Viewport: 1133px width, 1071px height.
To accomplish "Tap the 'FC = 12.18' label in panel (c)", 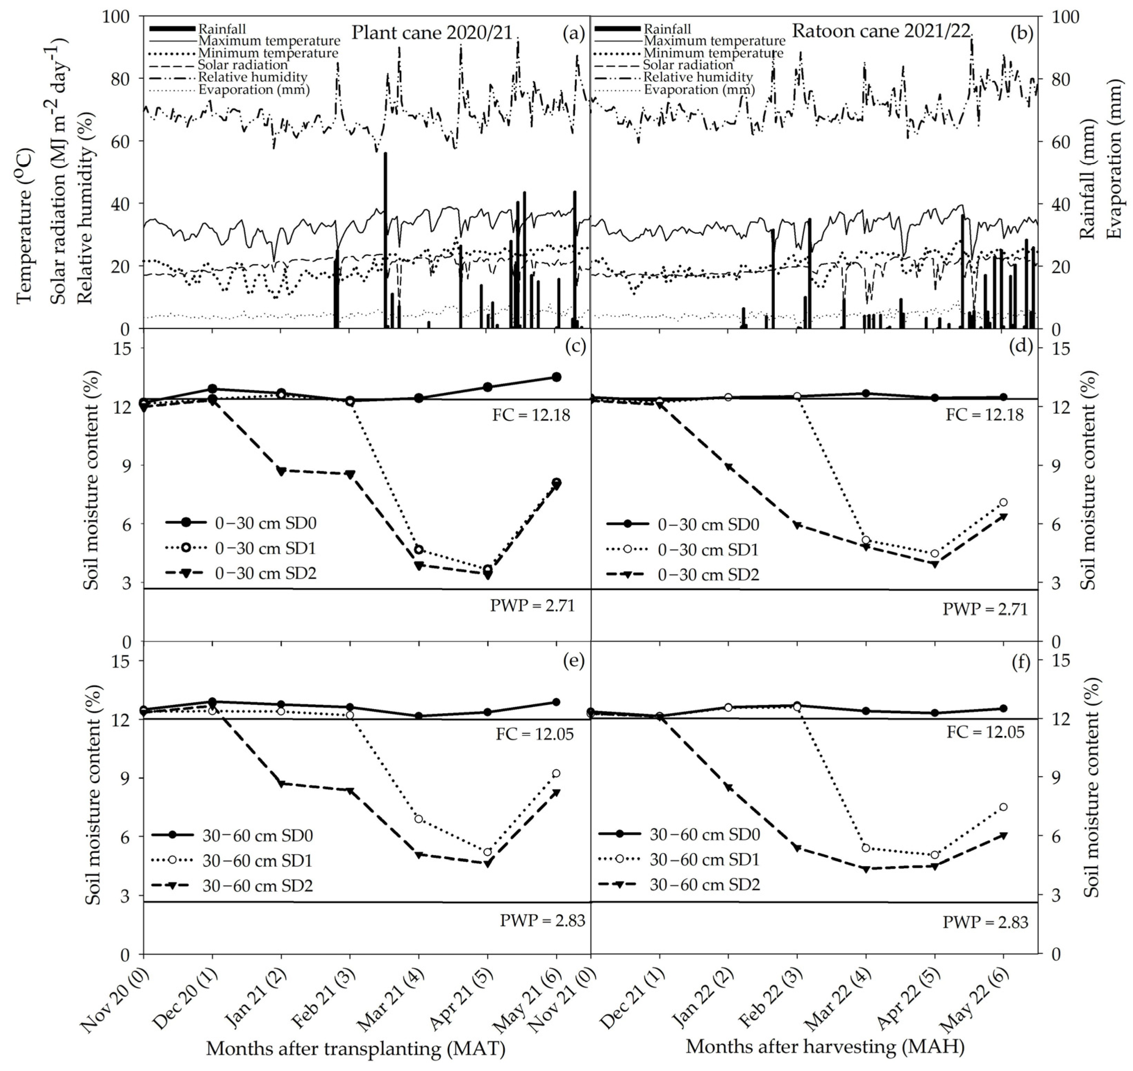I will coord(531,415).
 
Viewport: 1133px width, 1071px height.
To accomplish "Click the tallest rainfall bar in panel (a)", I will coord(386,240).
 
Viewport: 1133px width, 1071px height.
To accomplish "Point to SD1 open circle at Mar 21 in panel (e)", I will coord(419,819).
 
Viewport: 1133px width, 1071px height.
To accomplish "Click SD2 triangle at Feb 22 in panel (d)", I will coord(797,525).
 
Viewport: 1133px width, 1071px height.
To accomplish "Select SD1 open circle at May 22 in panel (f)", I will coord(1003,807).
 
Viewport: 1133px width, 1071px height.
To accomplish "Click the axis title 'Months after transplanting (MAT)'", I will coord(355,1049).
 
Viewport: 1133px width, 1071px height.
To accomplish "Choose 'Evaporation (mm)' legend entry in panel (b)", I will coord(699,90).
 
